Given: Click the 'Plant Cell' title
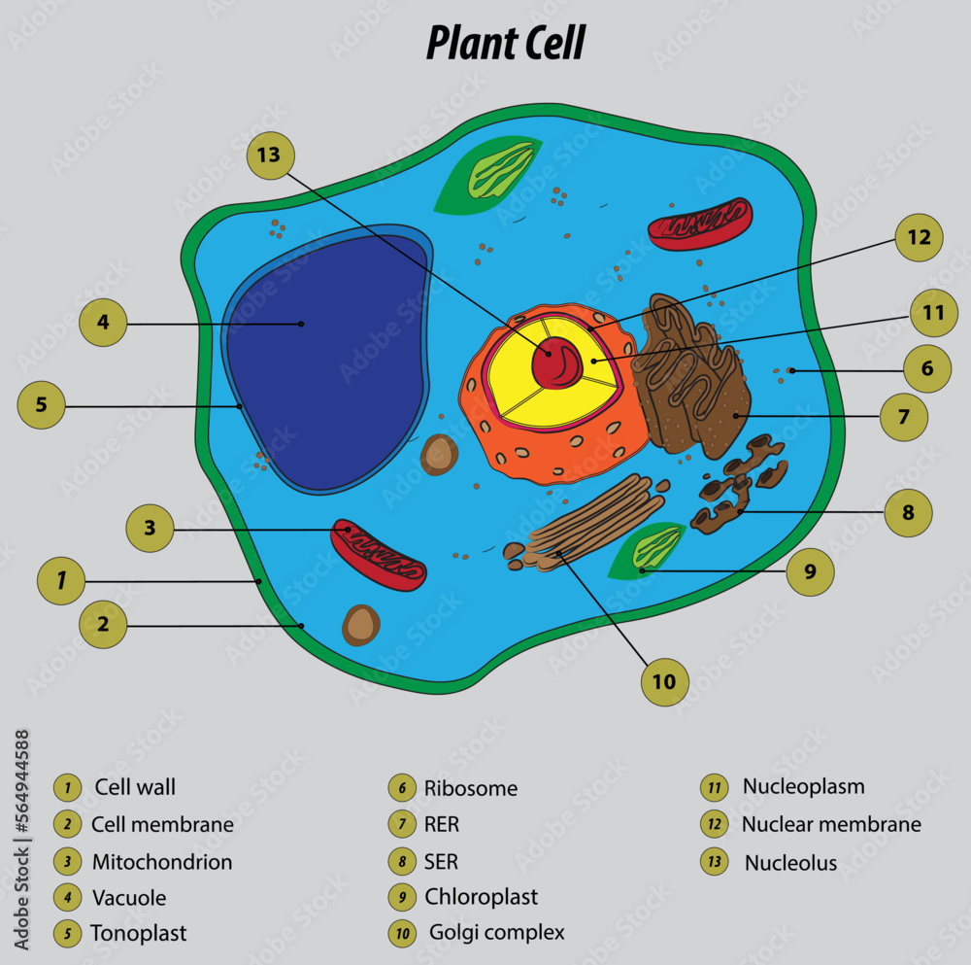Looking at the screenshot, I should (506, 44).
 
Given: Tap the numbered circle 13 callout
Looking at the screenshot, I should (269, 155).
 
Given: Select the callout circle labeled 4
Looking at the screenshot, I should (103, 323).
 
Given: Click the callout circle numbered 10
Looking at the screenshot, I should (664, 681).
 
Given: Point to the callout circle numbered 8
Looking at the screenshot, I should (908, 512).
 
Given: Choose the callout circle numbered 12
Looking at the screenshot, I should (919, 237).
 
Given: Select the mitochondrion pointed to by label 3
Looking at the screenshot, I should (378, 555).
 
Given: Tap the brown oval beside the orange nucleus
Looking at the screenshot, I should (440, 455).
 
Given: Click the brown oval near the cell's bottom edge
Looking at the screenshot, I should (361, 625).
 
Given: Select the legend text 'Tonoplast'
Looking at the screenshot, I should (138, 934).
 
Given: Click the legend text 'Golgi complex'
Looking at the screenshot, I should (496, 933).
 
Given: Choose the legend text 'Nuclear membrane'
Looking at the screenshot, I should (831, 825).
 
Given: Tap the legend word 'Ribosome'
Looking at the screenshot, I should (471, 788).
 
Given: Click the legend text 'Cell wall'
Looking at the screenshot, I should (135, 787).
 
